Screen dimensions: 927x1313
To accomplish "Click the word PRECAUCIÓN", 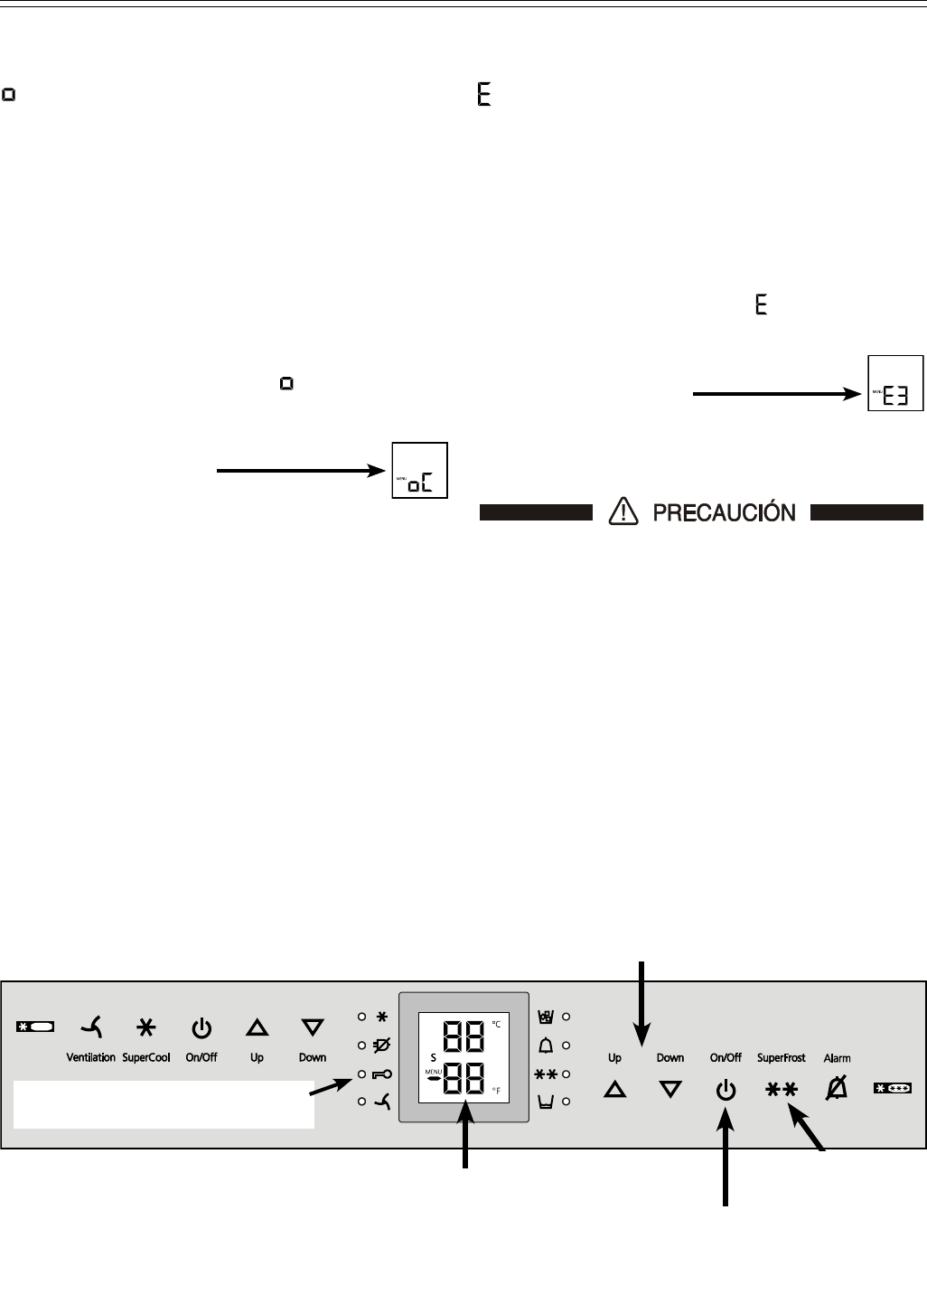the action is tap(724, 513).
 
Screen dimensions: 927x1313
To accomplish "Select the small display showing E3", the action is tap(895, 383).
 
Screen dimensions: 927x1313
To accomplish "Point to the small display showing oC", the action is tap(420, 470).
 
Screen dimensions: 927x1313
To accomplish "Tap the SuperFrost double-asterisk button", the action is tap(781, 1091).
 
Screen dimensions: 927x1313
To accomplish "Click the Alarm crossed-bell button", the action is tap(837, 1091).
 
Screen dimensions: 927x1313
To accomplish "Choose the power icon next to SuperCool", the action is tap(201, 1027).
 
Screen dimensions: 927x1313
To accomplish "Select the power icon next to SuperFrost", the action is tap(726, 1091).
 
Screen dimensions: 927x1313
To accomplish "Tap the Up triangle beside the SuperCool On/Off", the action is tap(257, 1027).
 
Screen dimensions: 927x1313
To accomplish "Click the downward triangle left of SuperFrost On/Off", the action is tap(670, 1091).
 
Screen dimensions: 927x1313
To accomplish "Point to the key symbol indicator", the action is tap(380, 1074).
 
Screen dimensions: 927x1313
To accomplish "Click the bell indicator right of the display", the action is tap(545, 1046).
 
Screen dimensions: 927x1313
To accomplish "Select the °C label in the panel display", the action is tap(496, 1024).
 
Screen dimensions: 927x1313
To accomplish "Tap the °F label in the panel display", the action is tap(496, 1092).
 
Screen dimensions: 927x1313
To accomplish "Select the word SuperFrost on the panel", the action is tap(781, 1057).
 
